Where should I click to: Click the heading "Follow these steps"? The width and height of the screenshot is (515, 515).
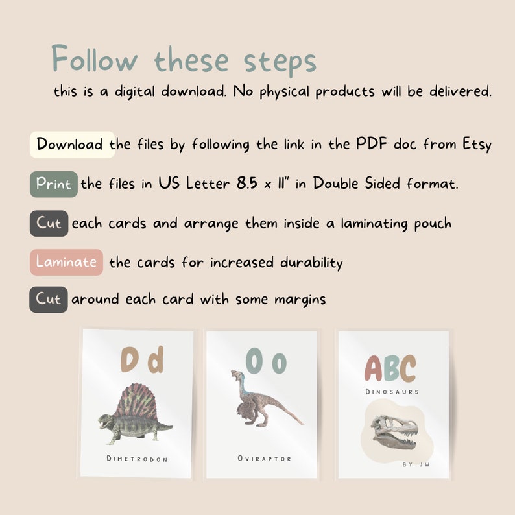(x=184, y=60)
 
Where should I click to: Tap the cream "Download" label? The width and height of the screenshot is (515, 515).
(x=70, y=144)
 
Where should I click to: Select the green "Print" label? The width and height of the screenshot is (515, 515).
(x=54, y=184)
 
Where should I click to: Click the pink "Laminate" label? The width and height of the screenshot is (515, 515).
(x=66, y=262)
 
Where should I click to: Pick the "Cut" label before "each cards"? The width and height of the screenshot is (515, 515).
(x=49, y=224)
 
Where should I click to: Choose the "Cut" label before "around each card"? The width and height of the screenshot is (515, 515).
(x=49, y=300)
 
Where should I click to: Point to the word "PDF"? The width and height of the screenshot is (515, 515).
(x=371, y=144)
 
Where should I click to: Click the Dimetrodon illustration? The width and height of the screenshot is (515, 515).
(x=136, y=414)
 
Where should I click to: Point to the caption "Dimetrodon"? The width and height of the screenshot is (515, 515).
(x=137, y=459)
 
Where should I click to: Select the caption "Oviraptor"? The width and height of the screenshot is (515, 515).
(x=264, y=459)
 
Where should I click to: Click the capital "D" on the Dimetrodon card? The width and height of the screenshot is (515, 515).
(x=130, y=361)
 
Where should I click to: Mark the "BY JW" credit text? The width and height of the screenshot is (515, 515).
(x=416, y=464)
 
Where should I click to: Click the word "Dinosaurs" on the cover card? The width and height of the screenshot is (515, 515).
(x=392, y=392)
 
